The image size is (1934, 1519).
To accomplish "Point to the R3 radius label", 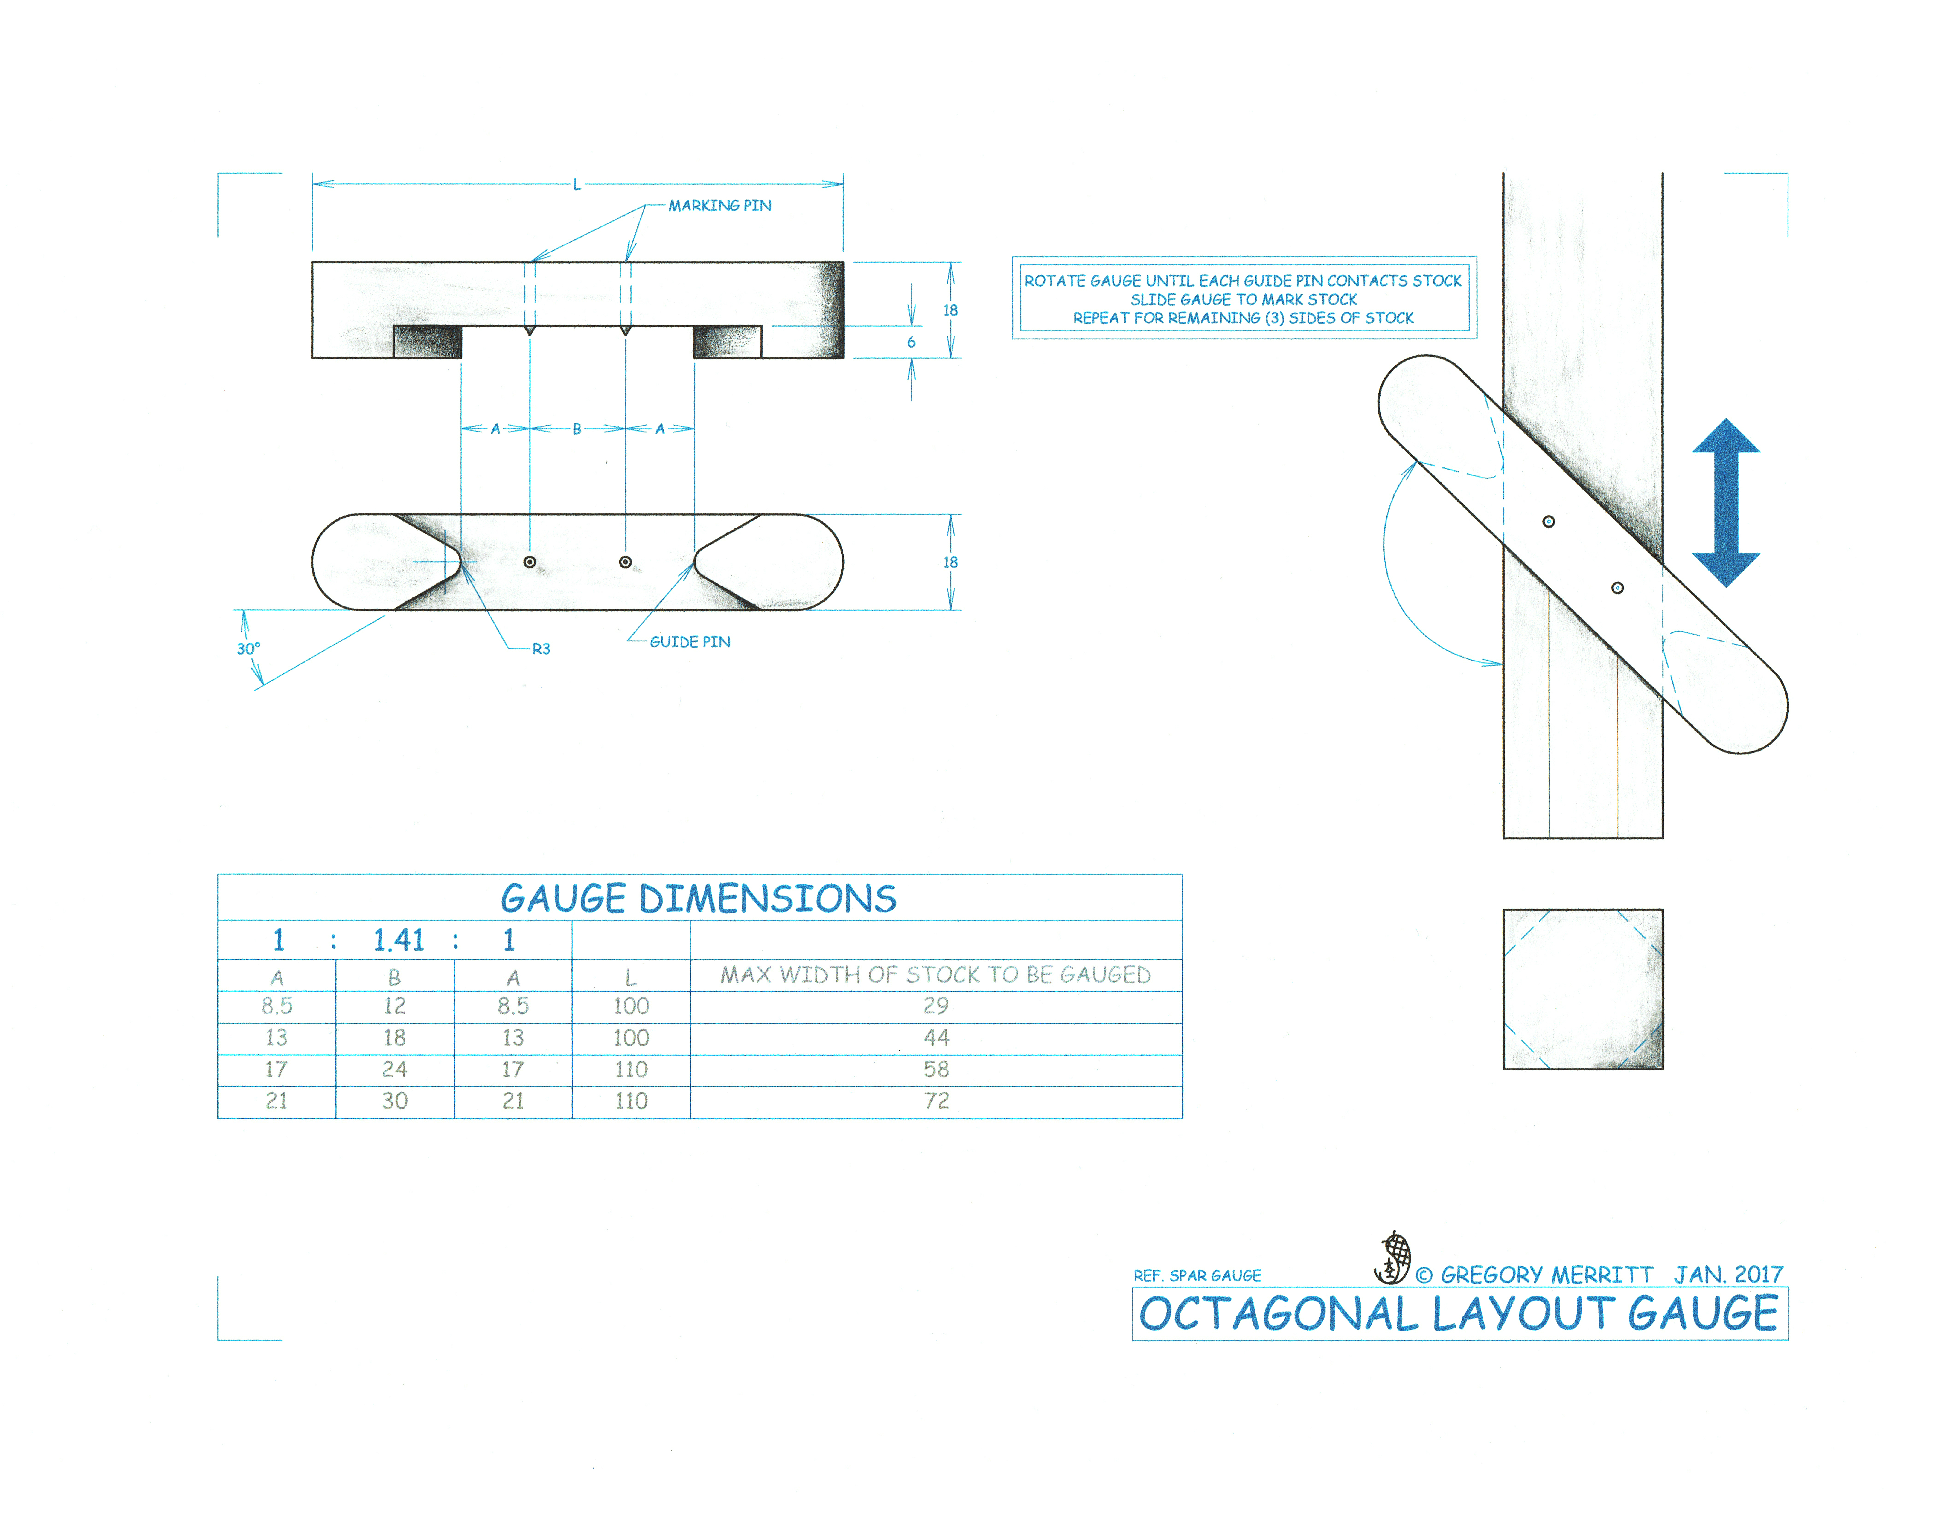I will point(541,649).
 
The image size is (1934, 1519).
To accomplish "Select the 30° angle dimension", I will point(248,649).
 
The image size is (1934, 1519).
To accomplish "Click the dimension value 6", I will point(911,342).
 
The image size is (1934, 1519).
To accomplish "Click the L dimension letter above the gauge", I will point(577,185).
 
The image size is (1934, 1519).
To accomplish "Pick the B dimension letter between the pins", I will point(577,429).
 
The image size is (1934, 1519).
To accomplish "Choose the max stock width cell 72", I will point(936,1101).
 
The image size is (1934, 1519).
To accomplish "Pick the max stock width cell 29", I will point(936,1006).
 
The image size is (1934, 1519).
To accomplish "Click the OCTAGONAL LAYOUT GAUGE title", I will point(1459,1314).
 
